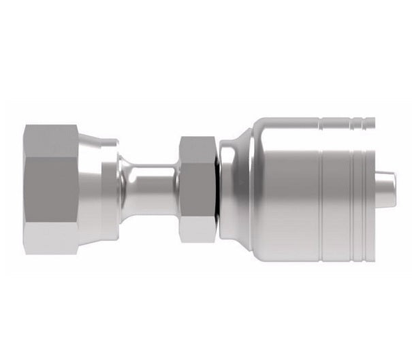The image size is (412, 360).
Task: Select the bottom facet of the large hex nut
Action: pyautogui.click(x=54, y=240)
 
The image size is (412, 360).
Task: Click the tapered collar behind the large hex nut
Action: pyautogui.click(x=91, y=189)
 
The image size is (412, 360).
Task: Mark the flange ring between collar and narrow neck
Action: pyautogui.click(x=110, y=189)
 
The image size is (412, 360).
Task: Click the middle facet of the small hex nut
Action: pyautogui.click(x=198, y=189)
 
